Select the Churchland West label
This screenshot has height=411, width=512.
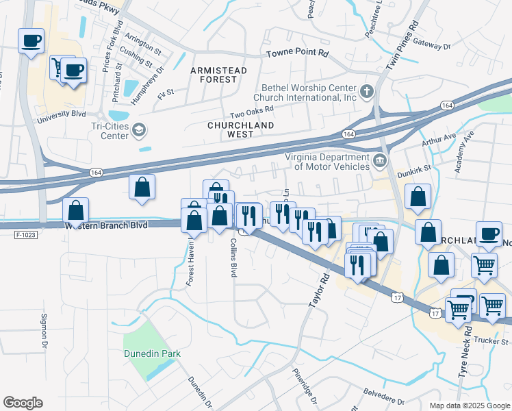pyautogui.click(x=240, y=129)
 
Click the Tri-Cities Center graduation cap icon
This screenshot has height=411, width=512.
pyautogui.click(x=140, y=129)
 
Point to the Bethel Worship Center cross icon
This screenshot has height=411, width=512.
pyautogui.click(x=367, y=91)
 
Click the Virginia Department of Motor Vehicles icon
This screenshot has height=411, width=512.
pyautogui.click(x=380, y=161)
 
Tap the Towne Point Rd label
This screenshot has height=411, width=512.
pyautogui.click(x=298, y=53)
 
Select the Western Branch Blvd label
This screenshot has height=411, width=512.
pyautogui.click(x=106, y=225)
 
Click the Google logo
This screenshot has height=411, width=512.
pyautogui.click(x=23, y=403)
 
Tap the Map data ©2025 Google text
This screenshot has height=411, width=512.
pyautogui.click(x=470, y=405)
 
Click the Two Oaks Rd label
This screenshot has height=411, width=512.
pyautogui.click(x=252, y=110)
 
